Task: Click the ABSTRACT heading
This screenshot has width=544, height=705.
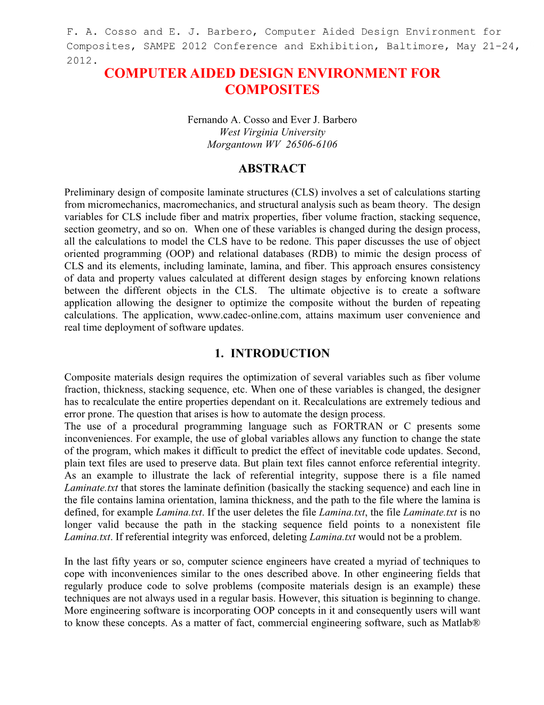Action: click(272, 169)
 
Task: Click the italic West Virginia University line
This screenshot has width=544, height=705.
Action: click(272, 132)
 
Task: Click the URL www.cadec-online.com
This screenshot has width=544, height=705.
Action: click(248, 315)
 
